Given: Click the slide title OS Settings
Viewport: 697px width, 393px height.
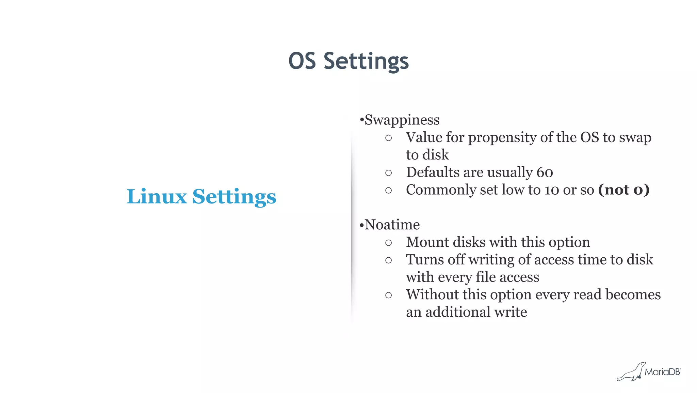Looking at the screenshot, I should click(348, 61).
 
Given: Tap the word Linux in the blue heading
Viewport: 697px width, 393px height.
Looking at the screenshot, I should click(157, 197).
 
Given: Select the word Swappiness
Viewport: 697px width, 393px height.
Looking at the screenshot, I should click(402, 120).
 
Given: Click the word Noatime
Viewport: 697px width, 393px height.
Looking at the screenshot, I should click(392, 225).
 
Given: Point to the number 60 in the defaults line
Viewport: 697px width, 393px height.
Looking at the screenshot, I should click(545, 172).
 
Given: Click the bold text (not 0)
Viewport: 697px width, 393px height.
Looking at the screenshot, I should click(624, 190).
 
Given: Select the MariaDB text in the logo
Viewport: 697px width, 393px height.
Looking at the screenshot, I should click(662, 372).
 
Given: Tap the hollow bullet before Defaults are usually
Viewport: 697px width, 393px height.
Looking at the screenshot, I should click(388, 173).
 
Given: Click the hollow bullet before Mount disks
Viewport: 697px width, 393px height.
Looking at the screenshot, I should click(388, 243).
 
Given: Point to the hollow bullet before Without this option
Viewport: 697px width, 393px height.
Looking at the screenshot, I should click(388, 295).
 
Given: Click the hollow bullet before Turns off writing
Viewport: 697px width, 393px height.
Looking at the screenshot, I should click(388, 260).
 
